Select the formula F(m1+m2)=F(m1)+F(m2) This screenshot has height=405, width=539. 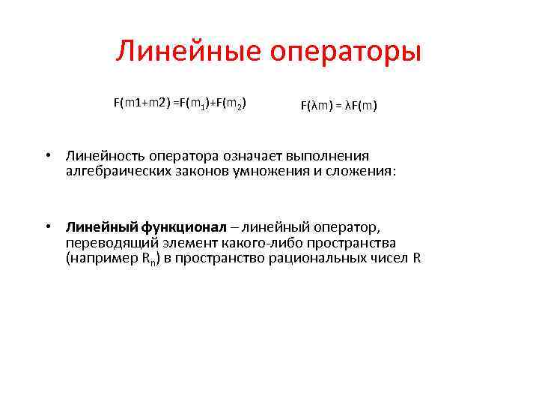tap(180, 102)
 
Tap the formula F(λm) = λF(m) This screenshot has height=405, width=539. tap(339, 106)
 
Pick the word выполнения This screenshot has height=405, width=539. tap(332, 156)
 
